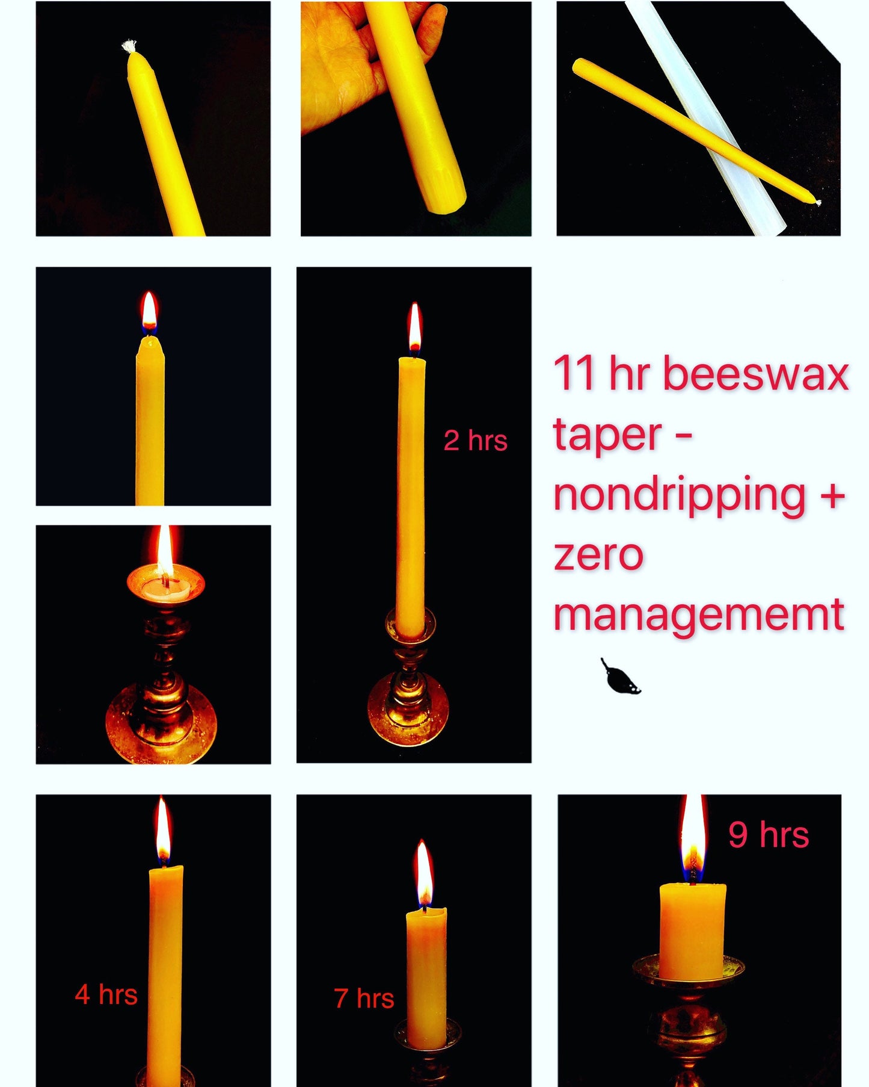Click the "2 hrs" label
click(475, 441)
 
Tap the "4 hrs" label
click(106, 994)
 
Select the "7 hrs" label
click(364, 998)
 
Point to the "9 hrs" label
click(769, 834)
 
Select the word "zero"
click(598, 555)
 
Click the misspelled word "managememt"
click(699, 615)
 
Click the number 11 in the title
click(575, 373)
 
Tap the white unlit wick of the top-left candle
click(129, 46)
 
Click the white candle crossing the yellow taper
click(704, 117)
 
